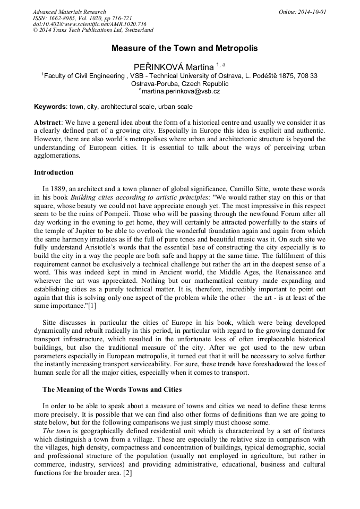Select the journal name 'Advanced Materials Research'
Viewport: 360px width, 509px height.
coord(69,12)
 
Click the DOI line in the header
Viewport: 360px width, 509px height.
coord(89,24)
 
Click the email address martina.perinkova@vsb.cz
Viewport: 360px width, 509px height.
coord(180,91)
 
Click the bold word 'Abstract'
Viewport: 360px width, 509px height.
coord(47,122)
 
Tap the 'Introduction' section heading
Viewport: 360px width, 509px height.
coord(54,172)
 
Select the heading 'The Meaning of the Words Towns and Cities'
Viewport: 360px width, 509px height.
coord(112,389)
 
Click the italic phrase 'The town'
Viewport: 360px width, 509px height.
coord(56,430)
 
